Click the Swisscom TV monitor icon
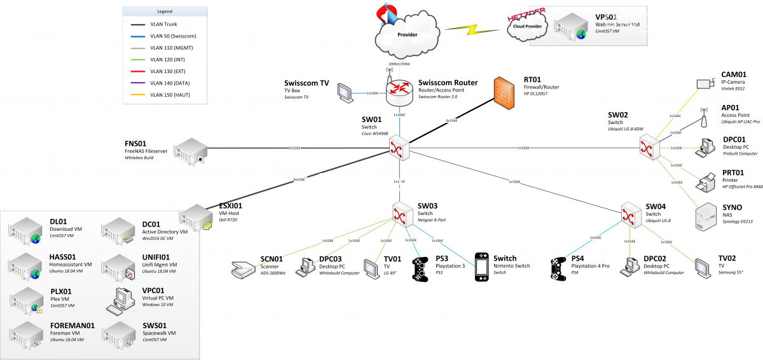click(346, 93)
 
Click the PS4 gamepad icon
click(560, 267)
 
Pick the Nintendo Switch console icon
click(482, 267)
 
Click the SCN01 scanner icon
click(243, 269)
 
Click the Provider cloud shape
click(407, 35)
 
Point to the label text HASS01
click(63, 256)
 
